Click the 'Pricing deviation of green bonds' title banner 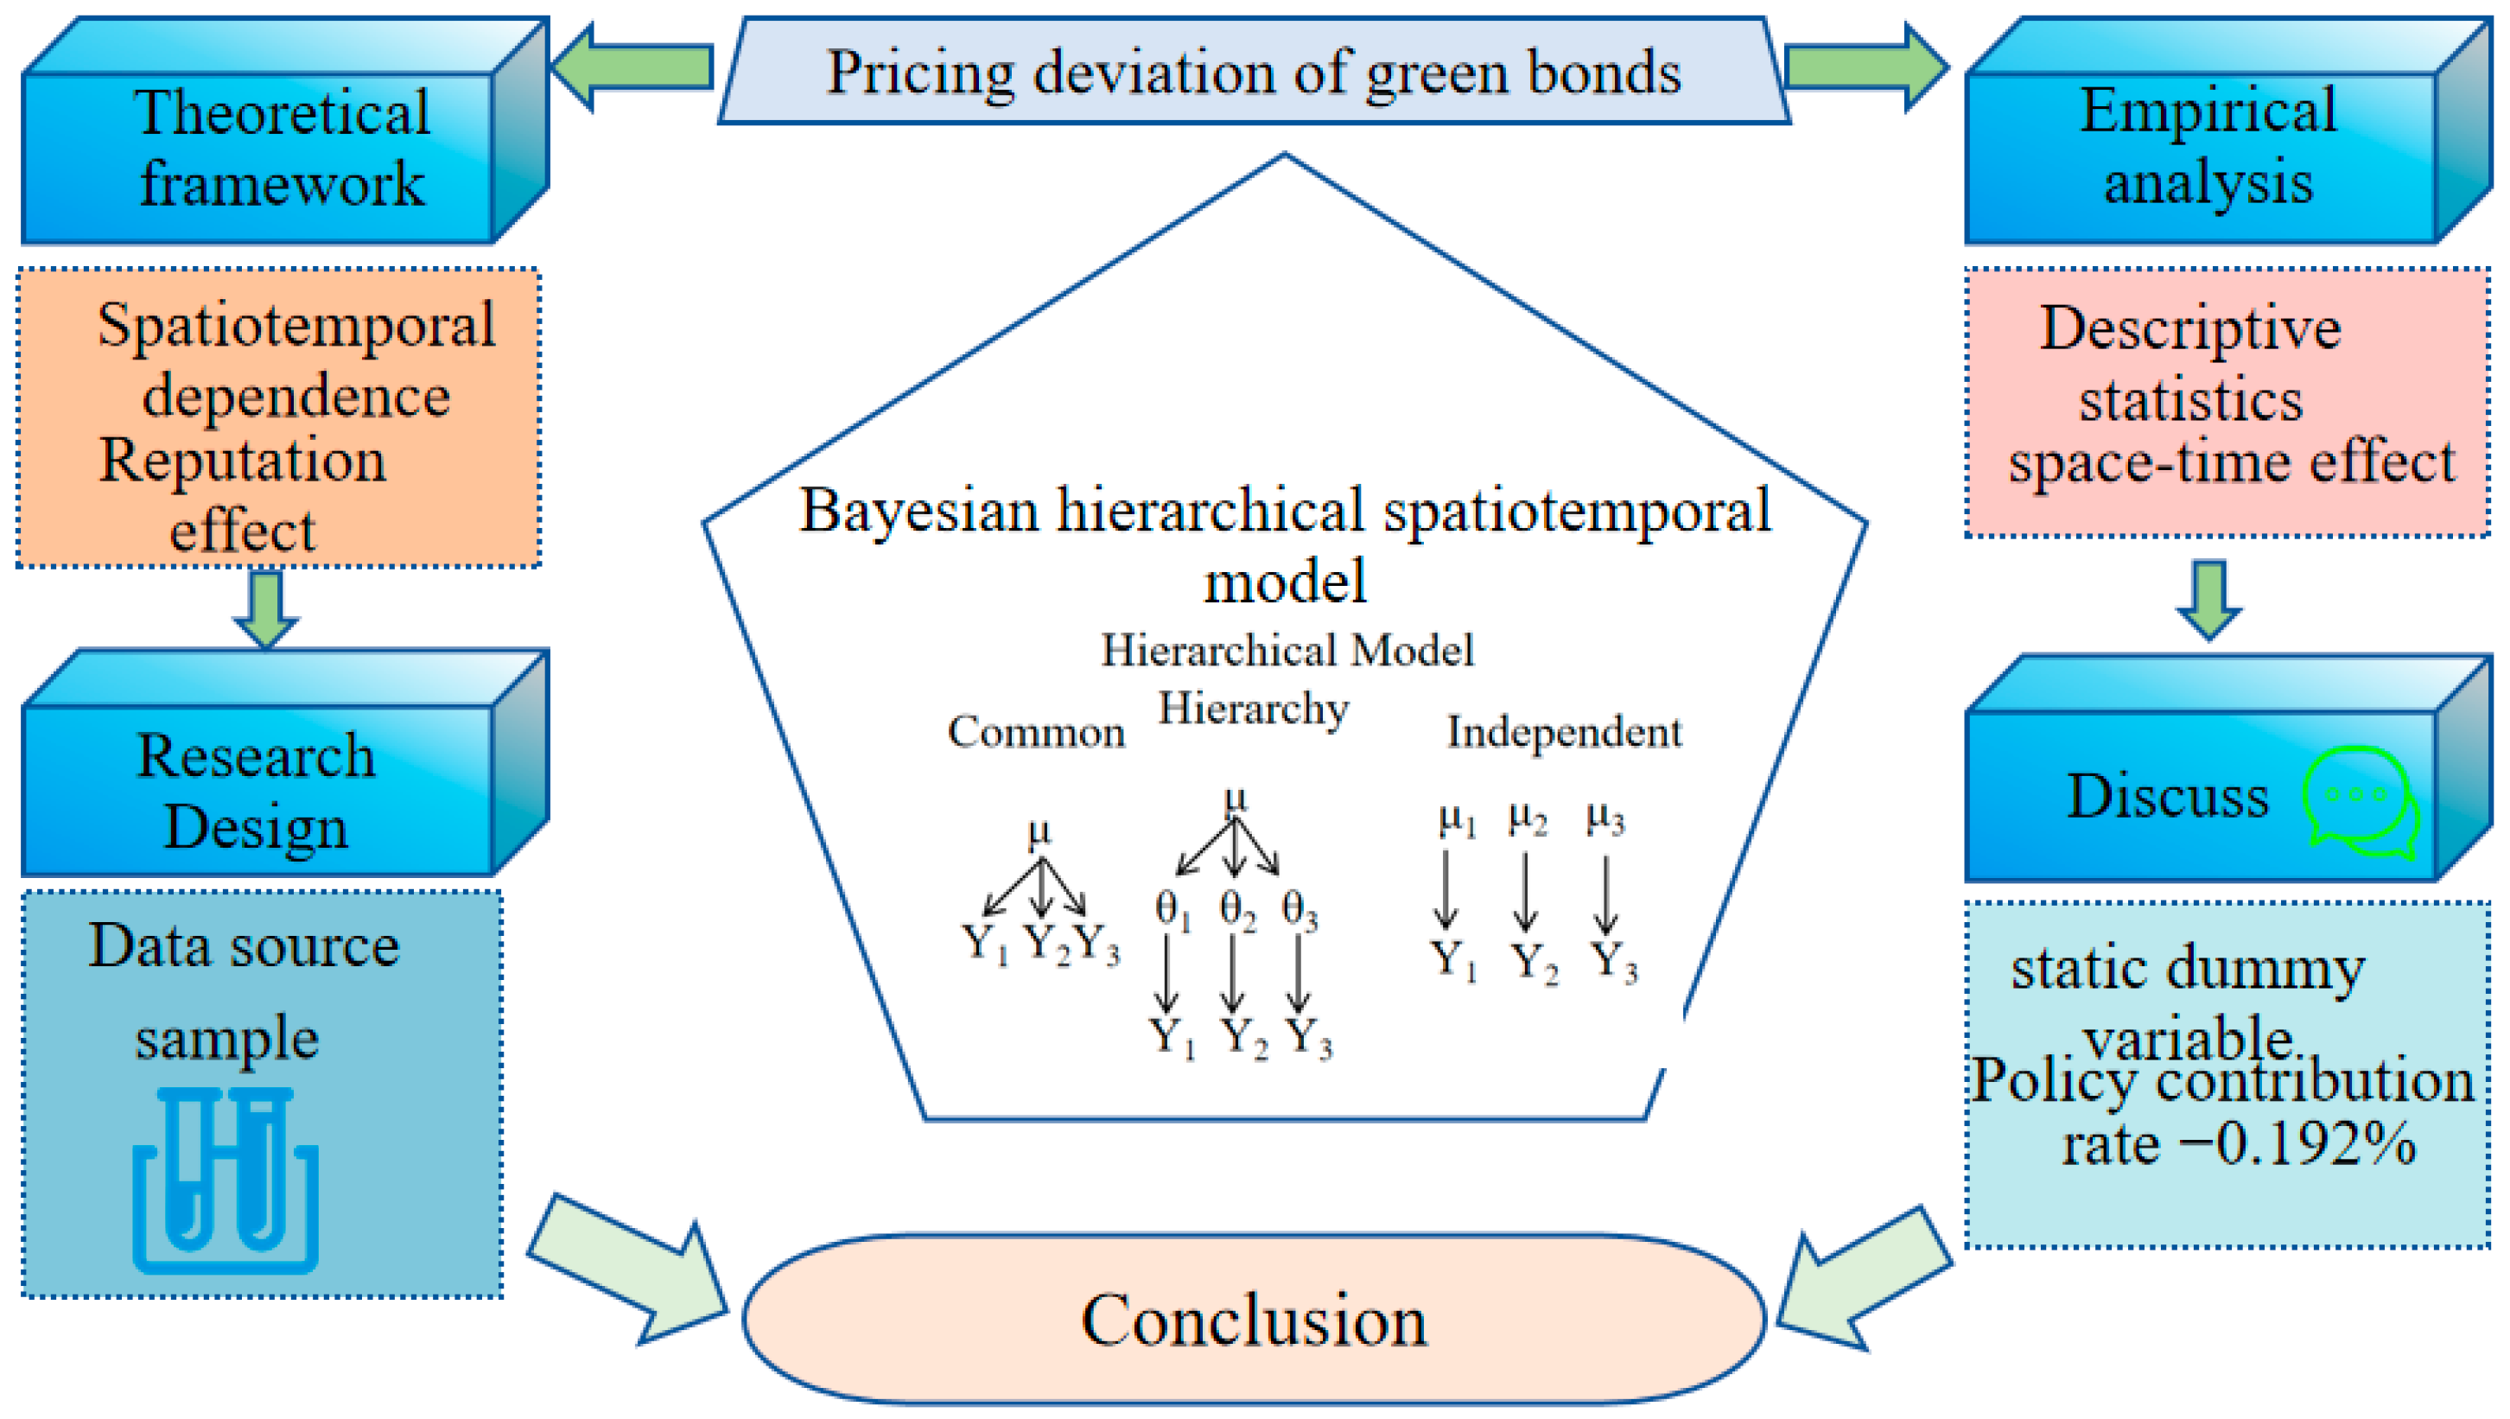click(x=1254, y=72)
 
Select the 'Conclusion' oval click(x=1254, y=1320)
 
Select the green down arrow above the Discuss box click(x=2209, y=598)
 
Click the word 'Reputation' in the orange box click(x=244, y=460)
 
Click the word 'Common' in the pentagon click(x=1036, y=731)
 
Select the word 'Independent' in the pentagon click(x=1564, y=731)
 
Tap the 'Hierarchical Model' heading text click(x=1287, y=649)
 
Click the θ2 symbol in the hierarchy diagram click(x=1237, y=910)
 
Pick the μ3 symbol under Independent click(x=1604, y=818)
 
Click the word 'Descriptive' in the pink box click(x=2190, y=328)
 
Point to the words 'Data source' click(x=244, y=945)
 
